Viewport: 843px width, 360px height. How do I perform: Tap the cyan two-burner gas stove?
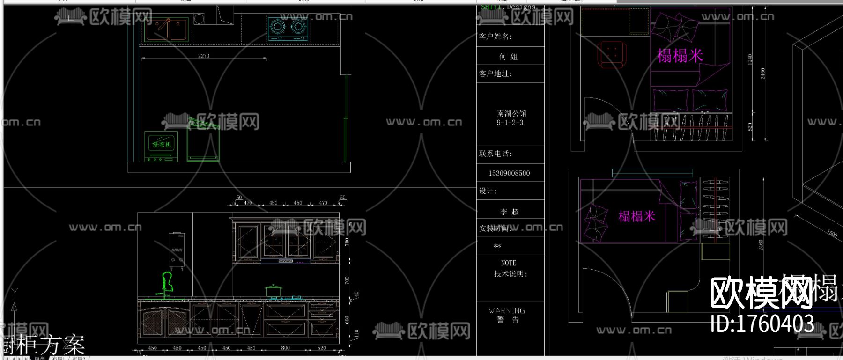[288, 28]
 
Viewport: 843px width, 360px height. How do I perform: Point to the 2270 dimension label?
[204, 56]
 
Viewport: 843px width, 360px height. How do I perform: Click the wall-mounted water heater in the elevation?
[177, 250]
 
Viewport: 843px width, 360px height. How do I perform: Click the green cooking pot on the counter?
[273, 291]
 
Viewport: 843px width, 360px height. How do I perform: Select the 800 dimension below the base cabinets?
[285, 348]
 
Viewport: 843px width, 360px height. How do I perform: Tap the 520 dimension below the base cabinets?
[322, 348]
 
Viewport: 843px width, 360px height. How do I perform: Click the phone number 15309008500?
[509, 173]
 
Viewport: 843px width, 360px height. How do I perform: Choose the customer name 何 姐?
[508, 57]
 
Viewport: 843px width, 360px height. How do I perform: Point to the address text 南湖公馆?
[511, 113]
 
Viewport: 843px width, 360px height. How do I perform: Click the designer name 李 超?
[509, 212]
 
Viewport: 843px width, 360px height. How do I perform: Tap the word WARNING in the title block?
[507, 310]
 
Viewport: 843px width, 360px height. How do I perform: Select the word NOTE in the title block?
[509, 263]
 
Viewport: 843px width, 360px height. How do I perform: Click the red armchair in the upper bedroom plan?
[612, 54]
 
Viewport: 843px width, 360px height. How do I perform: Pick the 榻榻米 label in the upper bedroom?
[680, 56]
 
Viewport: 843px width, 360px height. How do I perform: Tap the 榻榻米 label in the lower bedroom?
[636, 216]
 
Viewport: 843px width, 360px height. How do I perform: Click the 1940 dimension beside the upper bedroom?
[750, 59]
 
